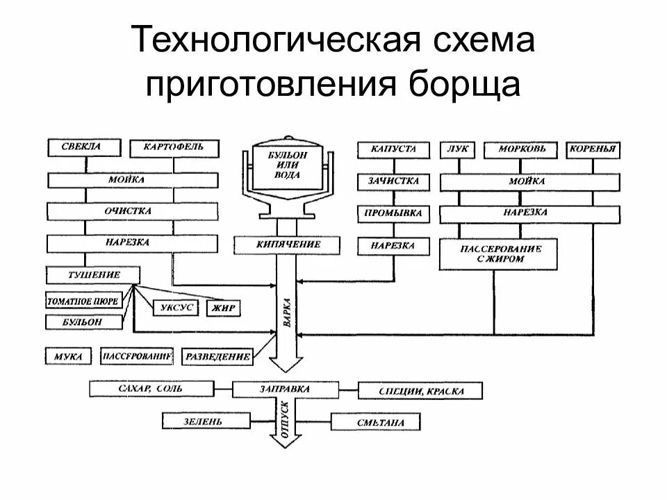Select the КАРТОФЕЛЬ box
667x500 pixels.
174,148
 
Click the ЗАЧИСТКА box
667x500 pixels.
393,182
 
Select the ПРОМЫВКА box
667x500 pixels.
393,214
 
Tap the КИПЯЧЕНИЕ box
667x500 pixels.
287,244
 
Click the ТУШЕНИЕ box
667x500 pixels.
90,275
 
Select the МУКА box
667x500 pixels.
68,357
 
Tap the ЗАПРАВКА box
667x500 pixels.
286,389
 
